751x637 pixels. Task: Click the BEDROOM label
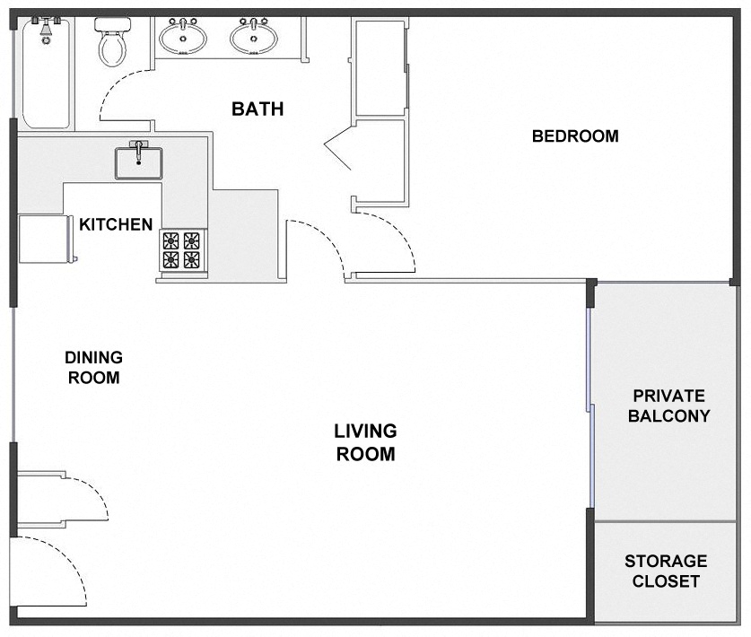coord(575,136)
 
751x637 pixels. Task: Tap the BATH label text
coord(258,109)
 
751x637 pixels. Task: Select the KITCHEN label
coord(116,224)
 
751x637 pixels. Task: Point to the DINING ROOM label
coord(93,367)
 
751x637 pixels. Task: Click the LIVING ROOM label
coord(365,442)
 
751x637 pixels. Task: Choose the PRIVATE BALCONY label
coord(668,406)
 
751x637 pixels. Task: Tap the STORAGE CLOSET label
coord(666,571)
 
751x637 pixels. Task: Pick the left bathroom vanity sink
coord(183,37)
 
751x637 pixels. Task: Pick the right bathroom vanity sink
coord(254,37)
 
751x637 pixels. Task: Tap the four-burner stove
coord(182,250)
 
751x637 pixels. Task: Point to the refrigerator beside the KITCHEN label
coord(45,238)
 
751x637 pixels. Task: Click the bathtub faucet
coord(45,26)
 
